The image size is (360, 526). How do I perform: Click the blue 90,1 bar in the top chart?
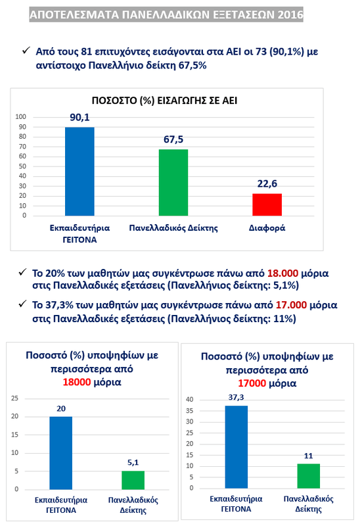pos(79,172)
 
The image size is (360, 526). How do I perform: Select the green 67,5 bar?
pos(173,183)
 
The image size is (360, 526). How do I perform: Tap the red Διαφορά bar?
pos(267,204)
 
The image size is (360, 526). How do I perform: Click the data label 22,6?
pos(267,183)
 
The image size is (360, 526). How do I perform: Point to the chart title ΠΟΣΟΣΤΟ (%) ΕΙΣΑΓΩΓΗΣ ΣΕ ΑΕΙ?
pos(165,101)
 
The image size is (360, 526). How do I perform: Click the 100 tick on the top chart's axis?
pos(20,117)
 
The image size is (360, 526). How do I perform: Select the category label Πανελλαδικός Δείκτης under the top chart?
pos(173,228)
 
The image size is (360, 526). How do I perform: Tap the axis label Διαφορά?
pos(267,228)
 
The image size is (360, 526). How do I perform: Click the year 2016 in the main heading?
pos(290,14)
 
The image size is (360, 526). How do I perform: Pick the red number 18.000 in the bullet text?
pos(282,273)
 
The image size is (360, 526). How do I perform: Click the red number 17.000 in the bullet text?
pos(291,305)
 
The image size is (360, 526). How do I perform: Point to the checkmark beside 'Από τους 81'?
pos(26,51)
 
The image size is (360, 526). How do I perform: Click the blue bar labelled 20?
pos(60,453)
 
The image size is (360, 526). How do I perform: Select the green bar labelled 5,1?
pos(133,480)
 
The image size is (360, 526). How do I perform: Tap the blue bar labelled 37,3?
pos(236,447)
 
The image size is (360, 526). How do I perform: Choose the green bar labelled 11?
pos(308,476)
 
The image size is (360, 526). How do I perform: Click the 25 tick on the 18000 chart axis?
pos(14,398)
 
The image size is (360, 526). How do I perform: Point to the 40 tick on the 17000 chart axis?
pos(190,399)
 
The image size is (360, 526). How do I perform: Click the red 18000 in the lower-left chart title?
pos(77,382)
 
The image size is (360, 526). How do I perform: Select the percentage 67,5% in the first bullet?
pos(192,65)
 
